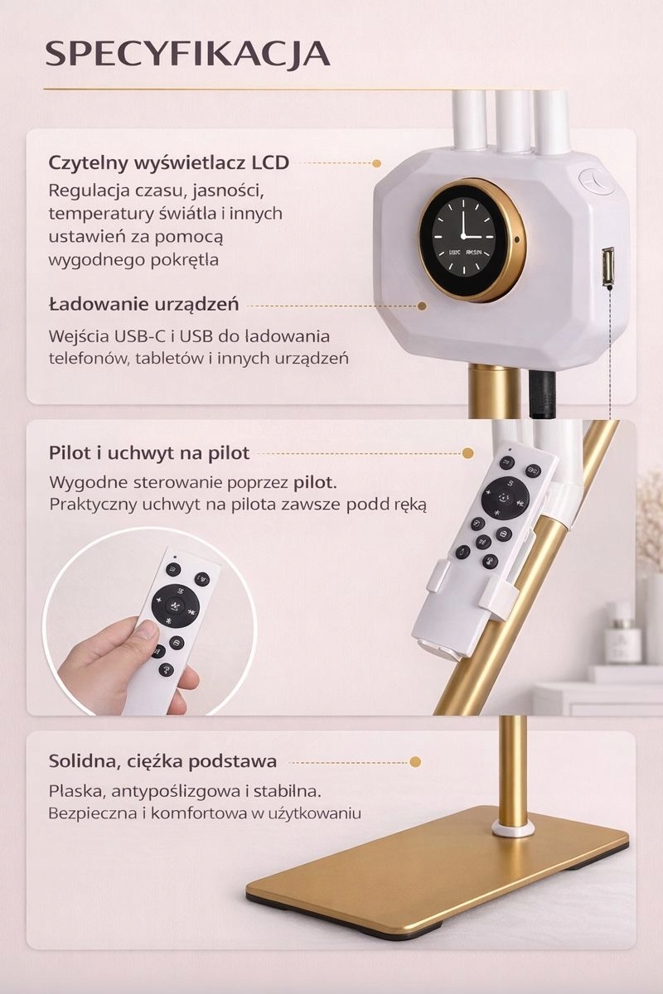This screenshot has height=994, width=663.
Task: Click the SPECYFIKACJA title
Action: click(x=188, y=55)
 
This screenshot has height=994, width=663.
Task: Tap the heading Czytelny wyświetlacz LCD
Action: click(x=169, y=163)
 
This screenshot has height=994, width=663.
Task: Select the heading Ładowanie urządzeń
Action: click(x=144, y=305)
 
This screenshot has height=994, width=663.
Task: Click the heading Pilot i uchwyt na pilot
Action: click(x=149, y=453)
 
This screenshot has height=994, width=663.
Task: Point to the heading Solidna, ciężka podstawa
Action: click(x=162, y=761)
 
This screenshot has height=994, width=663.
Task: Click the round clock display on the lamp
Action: click(x=472, y=239)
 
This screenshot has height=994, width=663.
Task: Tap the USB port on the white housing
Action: click(x=607, y=266)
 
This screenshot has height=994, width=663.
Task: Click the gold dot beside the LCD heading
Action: click(x=376, y=164)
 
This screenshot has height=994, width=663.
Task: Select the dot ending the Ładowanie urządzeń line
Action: click(x=423, y=306)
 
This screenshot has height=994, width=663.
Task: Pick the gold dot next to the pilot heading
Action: click(x=467, y=454)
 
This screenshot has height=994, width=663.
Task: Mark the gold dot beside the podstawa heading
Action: click(x=415, y=762)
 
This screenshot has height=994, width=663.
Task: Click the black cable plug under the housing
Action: click(x=542, y=393)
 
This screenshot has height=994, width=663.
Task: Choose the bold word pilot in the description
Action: click(x=315, y=482)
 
